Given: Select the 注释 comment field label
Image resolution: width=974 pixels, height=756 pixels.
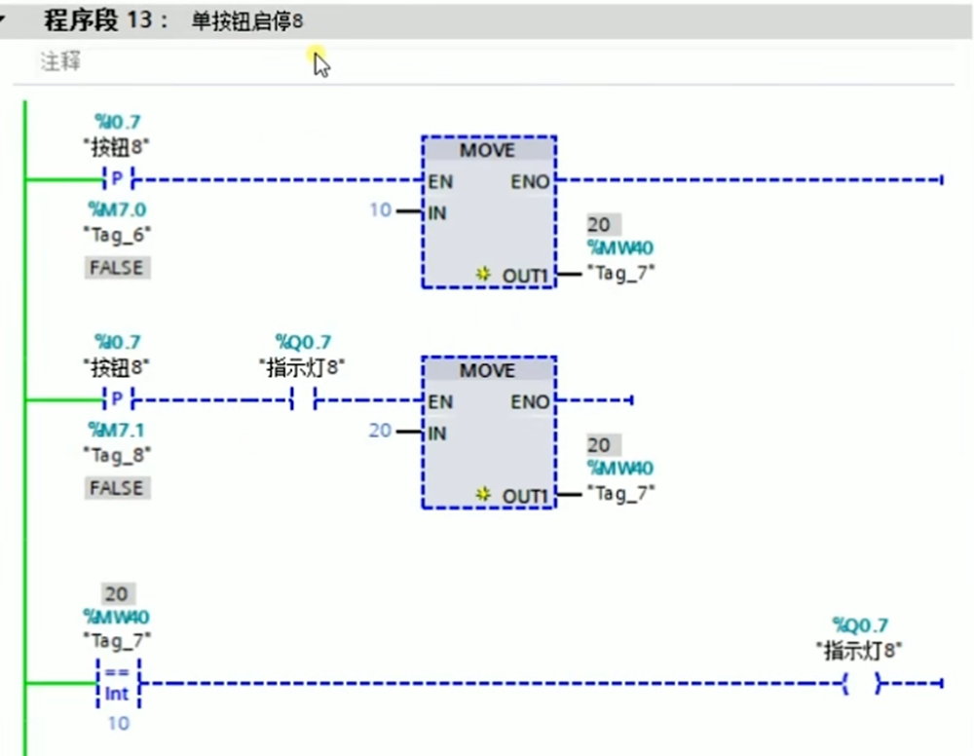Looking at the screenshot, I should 60,61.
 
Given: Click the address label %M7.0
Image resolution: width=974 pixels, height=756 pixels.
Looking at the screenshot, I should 116,209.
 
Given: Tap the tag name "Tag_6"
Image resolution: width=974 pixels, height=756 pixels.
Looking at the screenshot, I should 116,234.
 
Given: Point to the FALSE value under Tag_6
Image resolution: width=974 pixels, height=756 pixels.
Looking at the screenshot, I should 116,267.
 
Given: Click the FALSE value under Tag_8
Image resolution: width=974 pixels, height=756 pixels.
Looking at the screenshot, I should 116,487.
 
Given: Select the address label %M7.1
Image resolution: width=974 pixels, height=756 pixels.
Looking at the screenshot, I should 116,430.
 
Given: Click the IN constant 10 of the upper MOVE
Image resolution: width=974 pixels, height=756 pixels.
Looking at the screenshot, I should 380,210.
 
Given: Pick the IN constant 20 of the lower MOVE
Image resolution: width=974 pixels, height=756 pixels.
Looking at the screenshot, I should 380,431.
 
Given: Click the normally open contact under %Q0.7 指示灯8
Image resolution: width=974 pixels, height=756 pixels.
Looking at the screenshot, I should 303,400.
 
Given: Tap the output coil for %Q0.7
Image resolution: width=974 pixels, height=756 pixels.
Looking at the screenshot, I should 862,684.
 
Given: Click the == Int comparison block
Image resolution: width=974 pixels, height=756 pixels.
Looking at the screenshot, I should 118,684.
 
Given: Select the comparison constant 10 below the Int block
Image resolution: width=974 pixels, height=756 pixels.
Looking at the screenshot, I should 118,724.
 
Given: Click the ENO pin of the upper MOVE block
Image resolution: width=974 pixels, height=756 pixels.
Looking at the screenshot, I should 530,181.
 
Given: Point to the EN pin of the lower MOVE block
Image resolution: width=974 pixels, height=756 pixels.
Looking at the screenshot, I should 440,401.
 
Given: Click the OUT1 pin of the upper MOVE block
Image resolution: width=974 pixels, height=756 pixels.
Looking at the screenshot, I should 526,276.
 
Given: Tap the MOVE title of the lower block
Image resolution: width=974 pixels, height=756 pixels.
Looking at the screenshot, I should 488,371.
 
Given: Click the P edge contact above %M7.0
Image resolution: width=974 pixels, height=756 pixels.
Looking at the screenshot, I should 117,180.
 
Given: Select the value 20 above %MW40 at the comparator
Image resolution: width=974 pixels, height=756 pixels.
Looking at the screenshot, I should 117,594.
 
